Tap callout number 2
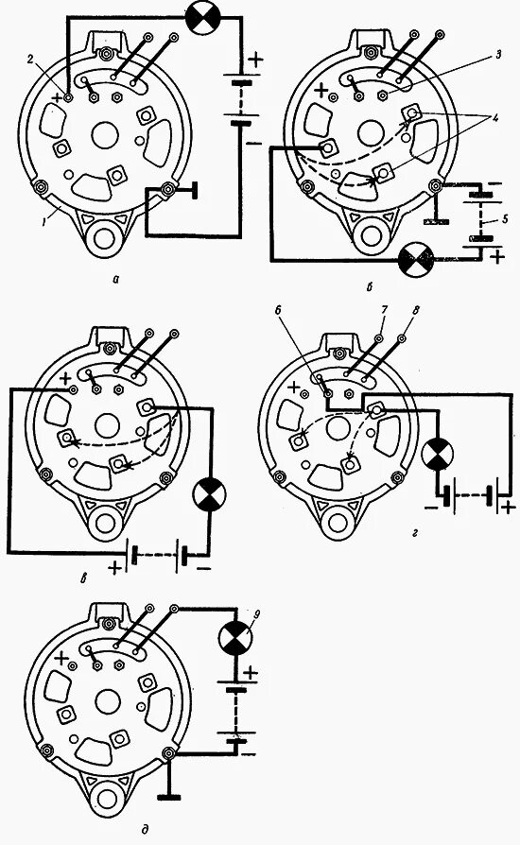coord(31,60)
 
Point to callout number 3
coord(498,55)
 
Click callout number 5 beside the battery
coord(503,220)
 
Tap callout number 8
coord(414,311)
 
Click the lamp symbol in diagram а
coord(202,18)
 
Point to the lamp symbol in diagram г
coord(438,455)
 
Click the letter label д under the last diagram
coord(145,829)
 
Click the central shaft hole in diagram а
coord(105,135)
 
